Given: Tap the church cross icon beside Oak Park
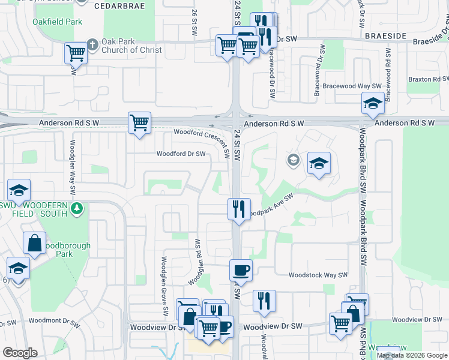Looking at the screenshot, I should pyautogui.click(x=91, y=43).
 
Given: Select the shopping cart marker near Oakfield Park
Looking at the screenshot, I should pyautogui.click(x=76, y=53).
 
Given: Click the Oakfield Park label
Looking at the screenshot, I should pyautogui.click(x=58, y=22).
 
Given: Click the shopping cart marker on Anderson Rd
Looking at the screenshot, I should pyautogui.click(x=139, y=124).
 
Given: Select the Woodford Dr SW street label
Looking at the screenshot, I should pyautogui.click(x=181, y=154).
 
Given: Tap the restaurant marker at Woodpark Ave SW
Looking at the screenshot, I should pyautogui.click(x=239, y=209).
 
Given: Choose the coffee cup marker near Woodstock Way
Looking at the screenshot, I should pyautogui.click(x=241, y=270).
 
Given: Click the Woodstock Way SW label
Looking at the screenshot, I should pyautogui.click(x=318, y=275).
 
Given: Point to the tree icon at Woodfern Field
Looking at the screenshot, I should pyautogui.click(x=76, y=209).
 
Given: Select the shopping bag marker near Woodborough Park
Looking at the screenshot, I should pyautogui.click(x=35, y=243).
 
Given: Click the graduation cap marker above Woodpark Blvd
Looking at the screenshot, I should pyautogui.click(x=373, y=103).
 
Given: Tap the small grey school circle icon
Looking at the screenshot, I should pyautogui.click(x=293, y=160).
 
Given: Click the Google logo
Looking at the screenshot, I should pyautogui.click(x=20, y=353).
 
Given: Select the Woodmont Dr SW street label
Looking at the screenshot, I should pyautogui.click(x=54, y=322).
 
